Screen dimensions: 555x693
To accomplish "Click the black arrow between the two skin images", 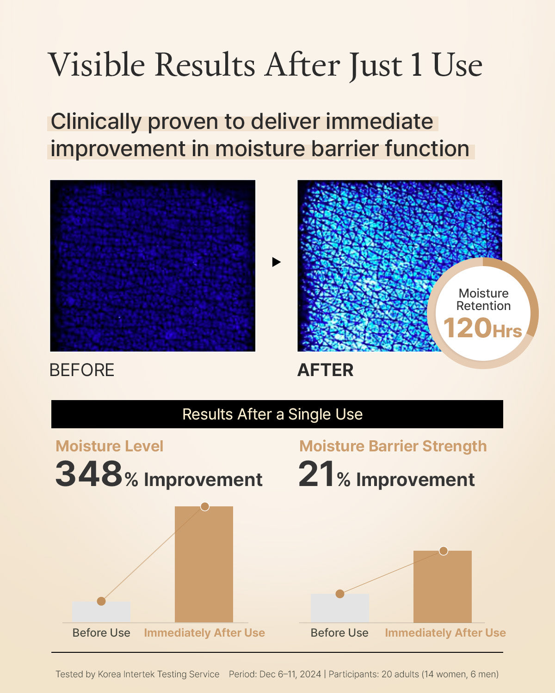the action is click(x=277, y=262).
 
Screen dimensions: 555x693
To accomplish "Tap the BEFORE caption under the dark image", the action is click(x=82, y=370).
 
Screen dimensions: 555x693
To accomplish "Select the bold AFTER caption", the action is click(x=325, y=370).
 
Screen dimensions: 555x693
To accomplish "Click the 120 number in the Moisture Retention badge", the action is click(x=467, y=328).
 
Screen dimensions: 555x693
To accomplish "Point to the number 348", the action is click(x=89, y=474).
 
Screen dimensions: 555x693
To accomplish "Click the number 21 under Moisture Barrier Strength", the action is click(x=316, y=474).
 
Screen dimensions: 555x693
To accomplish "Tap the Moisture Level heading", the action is click(x=109, y=446).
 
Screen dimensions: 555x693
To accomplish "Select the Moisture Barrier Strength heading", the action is click(x=393, y=446).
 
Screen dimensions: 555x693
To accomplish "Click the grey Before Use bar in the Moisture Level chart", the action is click(x=101, y=612).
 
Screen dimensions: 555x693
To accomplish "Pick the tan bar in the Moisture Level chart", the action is click(x=204, y=564).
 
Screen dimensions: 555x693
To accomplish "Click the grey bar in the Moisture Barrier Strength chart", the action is click(x=340, y=608).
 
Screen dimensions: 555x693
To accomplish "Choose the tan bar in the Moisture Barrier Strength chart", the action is click(x=443, y=586).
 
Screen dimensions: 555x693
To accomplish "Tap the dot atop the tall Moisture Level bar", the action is click(x=205, y=506).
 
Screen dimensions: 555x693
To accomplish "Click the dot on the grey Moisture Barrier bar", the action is click(x=340, y=594).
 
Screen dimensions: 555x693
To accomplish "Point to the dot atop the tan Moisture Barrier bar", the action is click(x=444, y=551).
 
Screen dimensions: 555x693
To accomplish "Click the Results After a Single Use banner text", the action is click(x=272, y=414).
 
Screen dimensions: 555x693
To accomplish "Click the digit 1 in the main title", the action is click(x=416, y=65).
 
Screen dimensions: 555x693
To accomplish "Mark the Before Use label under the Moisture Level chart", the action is click(x=101, y=633).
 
